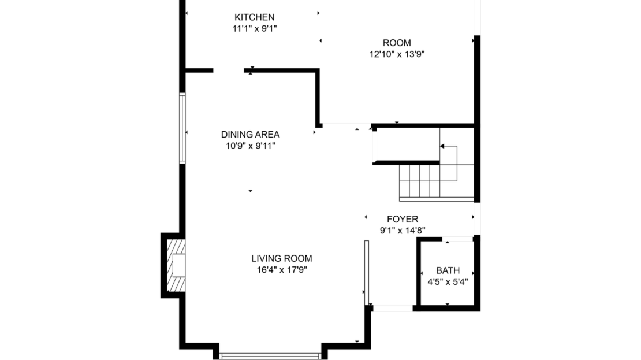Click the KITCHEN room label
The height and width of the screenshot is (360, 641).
[254, 17]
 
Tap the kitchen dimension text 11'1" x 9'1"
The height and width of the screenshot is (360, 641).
[255, 29]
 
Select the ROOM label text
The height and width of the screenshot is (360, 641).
[397, 43]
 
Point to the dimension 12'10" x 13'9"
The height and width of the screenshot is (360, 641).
[397, 54]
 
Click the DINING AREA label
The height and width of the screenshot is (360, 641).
[250, 135]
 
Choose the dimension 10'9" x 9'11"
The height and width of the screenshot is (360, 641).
[251, 146]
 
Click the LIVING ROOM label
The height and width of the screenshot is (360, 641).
[282, 258]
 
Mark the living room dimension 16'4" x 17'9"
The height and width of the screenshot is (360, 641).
[282, 270]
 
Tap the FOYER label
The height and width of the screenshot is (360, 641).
[403, 219]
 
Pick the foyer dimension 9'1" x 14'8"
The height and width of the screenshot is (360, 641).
[403, 231]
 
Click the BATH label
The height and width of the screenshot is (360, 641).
[448, 270]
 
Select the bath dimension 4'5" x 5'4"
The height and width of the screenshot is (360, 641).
[448, 282]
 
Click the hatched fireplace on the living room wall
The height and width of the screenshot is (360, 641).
[176, 265]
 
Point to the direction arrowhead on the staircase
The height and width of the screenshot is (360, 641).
[442, 146]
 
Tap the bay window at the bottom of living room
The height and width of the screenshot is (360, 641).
[270, 357]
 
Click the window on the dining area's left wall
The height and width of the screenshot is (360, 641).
[182, 128]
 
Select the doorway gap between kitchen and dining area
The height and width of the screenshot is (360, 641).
[229, 70]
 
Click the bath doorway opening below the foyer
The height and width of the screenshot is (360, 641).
[457, 239]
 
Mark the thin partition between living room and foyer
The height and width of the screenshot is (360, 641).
[367, 273]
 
